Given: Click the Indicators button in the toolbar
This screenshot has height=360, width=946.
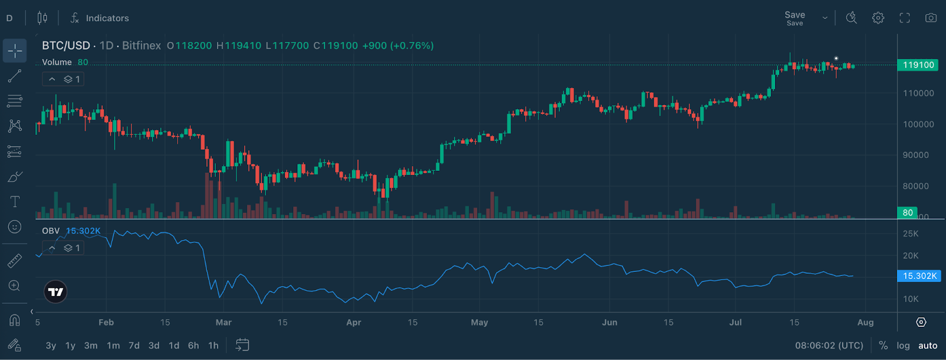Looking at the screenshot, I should [99, 18].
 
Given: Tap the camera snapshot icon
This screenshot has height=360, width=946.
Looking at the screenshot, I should [931, 18].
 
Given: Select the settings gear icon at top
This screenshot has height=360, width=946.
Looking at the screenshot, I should [878, 18].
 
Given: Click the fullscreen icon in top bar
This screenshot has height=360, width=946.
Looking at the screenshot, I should [905, 18].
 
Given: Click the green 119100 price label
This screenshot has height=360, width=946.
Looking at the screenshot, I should [918, 65].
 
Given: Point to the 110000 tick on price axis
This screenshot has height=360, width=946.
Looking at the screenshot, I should [918, 93].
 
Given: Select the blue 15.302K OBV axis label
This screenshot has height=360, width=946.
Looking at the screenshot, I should [919, 276].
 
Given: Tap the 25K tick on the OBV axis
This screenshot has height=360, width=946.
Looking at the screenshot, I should [911, 234].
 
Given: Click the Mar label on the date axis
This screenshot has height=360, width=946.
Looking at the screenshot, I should [223, 322].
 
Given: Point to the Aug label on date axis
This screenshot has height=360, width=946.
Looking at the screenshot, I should [865, 322].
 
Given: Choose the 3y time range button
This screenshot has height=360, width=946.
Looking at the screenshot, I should [51, 346].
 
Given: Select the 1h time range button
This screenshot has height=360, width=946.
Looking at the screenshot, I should [213, 346].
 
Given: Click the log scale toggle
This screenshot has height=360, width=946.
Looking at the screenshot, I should [903, 346].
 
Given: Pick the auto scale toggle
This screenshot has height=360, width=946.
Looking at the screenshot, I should [928, 346].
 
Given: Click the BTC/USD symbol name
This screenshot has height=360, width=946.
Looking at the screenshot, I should [66, 46].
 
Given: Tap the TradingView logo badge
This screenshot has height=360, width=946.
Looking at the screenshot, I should [56, 291].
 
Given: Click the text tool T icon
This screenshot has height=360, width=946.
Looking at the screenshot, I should [15, 202].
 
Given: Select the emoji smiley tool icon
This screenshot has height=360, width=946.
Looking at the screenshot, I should [15, 227].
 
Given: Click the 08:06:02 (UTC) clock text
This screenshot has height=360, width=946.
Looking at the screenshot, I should [829, 346].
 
